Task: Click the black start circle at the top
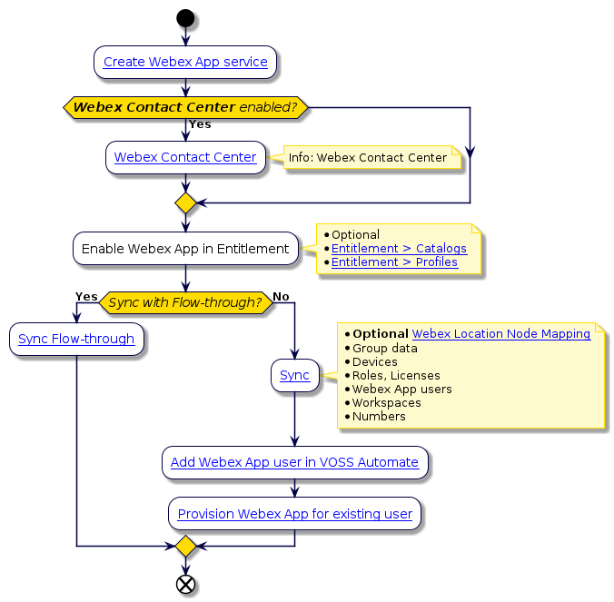[x=185, y=17]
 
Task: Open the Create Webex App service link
[x=185, y=63]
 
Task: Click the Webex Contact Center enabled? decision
[x=185, y=107]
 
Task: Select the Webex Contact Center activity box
[x=185, y=157]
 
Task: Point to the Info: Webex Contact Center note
[x=368, y=158]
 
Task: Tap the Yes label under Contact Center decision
[x=200, y=124]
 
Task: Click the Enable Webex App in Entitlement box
[x=185, y=249]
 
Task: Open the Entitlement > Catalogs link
[x=399, y=249]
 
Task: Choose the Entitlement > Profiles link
[x=394, y=262]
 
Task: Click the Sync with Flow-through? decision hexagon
[x=185, y=301]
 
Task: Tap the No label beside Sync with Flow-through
[x=282, y=297]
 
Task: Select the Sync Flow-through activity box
[x=76, y=340]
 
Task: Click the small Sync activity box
[x=294, y=375]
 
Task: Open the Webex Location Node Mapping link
[x=501, y=334]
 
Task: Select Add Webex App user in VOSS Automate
[x=294, y=462]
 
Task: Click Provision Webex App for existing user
[x=294, y=514]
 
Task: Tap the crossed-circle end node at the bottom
[x=185, y=583]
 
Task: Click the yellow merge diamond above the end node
[x=185, y=546]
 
